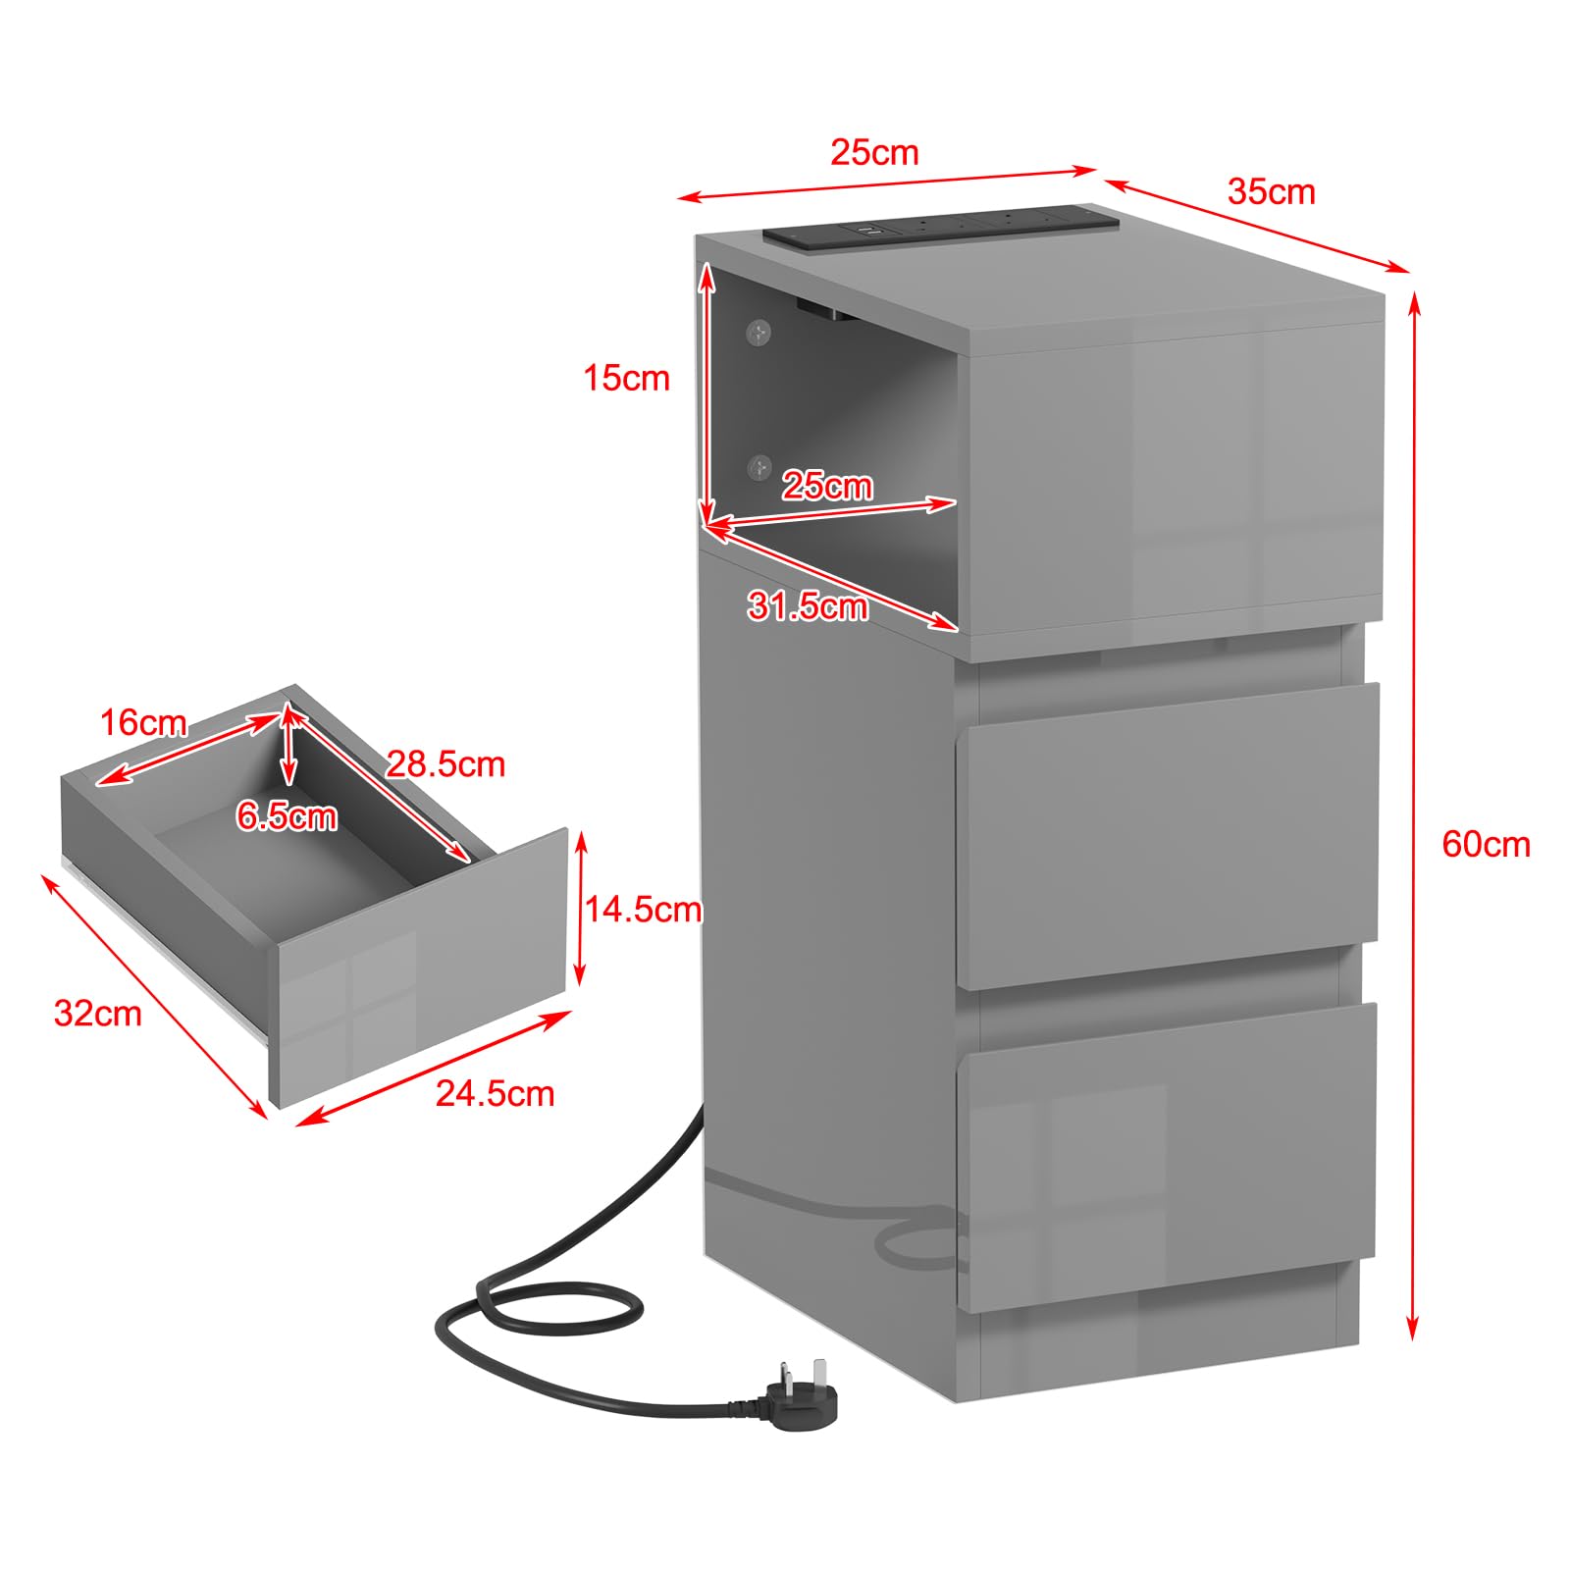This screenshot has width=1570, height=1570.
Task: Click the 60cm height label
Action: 1486,845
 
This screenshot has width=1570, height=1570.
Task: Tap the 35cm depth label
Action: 1271,191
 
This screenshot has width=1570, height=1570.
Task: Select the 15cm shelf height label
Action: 626,378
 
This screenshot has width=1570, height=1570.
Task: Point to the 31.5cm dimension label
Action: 808,606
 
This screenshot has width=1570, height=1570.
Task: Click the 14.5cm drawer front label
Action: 644,910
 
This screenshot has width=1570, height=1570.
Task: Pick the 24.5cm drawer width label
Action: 495,1093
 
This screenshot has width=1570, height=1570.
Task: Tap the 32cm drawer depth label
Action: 97,1013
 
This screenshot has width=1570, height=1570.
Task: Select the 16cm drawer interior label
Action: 143,723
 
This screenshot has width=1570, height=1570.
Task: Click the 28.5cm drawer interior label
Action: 445,763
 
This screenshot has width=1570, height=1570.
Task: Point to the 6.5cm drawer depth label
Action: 287,816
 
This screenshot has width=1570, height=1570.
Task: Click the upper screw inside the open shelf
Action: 758,333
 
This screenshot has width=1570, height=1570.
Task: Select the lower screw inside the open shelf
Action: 759,467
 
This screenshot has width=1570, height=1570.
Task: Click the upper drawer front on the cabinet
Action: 1167,836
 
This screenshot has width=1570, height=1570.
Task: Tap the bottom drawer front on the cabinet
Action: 1167,1158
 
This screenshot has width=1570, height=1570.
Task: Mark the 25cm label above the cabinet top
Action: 874,152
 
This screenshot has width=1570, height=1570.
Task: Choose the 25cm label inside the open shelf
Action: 827,486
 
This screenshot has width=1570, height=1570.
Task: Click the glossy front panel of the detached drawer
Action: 422,967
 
